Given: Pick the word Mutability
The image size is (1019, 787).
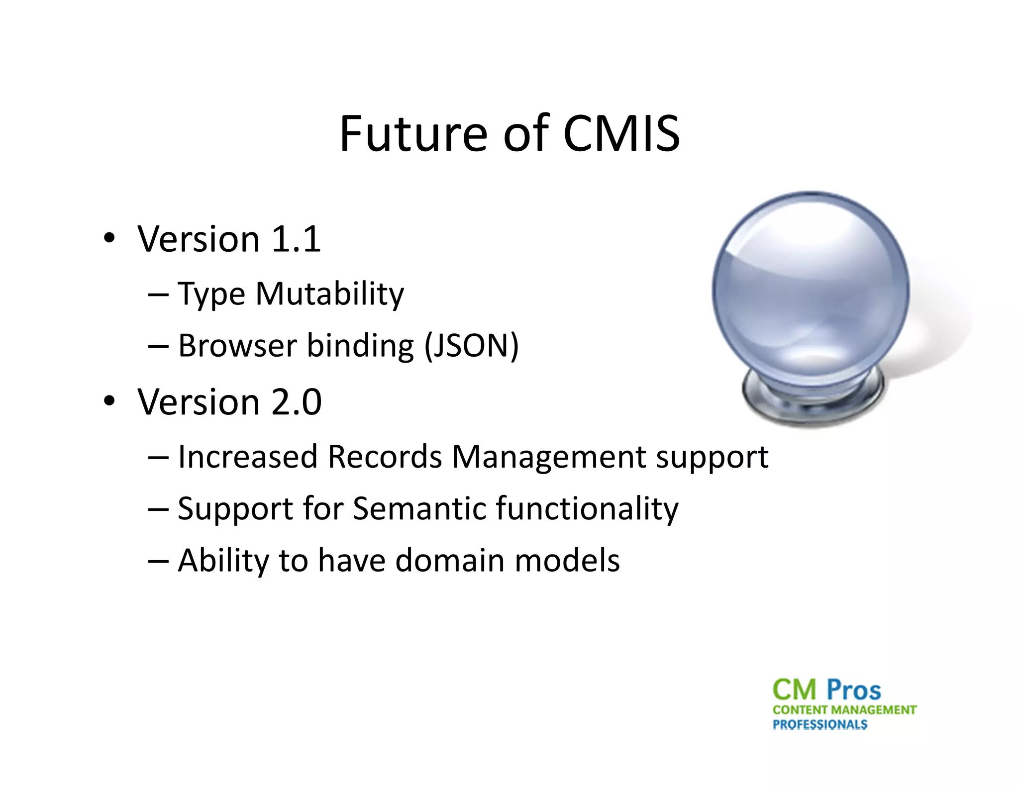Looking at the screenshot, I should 329,294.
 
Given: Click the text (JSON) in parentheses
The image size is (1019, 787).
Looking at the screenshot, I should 471,345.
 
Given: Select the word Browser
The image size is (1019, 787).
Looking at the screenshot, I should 237,345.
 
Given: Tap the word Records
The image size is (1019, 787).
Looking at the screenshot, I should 385,457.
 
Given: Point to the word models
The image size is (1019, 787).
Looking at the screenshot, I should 567,561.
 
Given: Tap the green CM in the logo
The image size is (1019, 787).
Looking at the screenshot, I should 795,690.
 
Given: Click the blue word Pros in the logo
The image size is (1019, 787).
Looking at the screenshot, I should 853,690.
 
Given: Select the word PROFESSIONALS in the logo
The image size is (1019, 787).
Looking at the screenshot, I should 819,724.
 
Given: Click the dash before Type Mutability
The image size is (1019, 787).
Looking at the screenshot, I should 158,294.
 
